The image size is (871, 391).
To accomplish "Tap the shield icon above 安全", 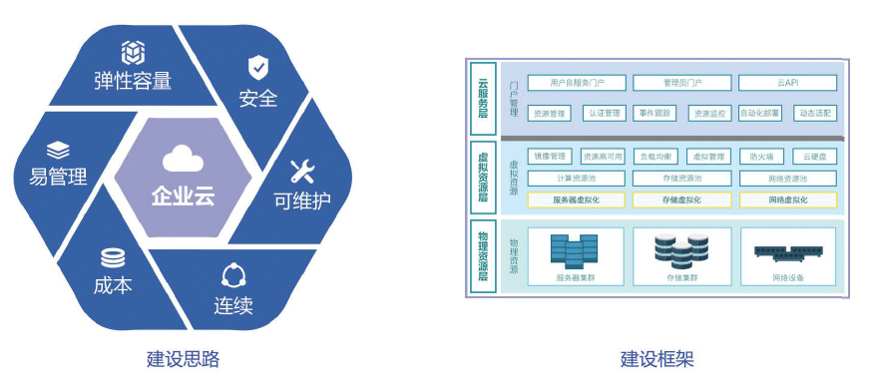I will tap(257, 68).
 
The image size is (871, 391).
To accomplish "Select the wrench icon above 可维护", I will tap(302, 169).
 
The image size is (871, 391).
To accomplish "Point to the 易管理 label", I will tap(52, 178).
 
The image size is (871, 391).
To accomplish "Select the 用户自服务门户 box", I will tap(575, 83).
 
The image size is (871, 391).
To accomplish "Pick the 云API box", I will tap(787, 83).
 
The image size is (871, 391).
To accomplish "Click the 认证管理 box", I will tap(604, 113).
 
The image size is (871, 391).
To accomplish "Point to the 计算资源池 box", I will tap(575, 179).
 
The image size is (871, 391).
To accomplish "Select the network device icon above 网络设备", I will tap(786, 252).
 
